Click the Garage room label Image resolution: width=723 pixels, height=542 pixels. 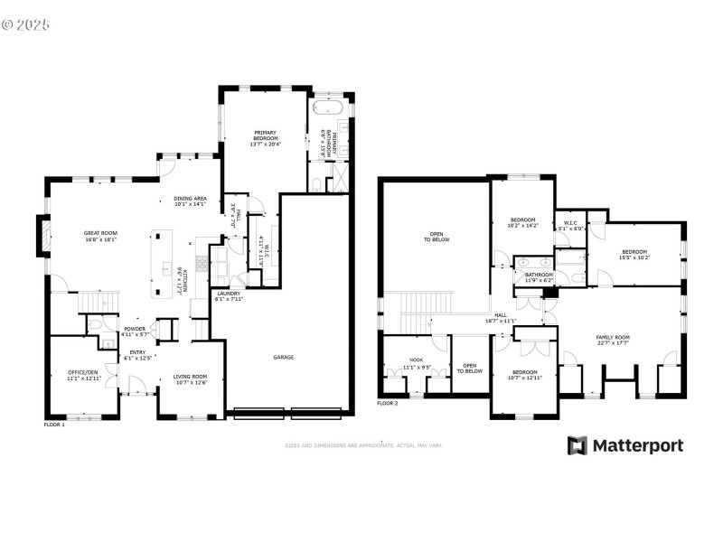pos(284,358)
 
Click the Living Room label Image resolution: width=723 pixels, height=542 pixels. pos(190,379)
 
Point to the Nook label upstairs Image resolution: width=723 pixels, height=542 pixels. pos(416,363)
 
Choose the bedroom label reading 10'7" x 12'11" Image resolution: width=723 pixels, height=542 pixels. pos(525,375)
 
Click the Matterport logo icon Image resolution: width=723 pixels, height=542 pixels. pos(577,445)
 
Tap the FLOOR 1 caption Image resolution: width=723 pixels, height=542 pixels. pos(55,424)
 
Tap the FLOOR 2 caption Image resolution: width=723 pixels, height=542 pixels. pos(387,403)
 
